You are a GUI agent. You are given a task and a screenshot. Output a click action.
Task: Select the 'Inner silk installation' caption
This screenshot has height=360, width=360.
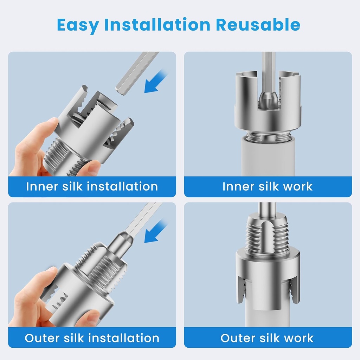click(x=92, y=186)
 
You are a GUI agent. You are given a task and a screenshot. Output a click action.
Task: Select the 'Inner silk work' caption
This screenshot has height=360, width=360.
click(x=268, y=186)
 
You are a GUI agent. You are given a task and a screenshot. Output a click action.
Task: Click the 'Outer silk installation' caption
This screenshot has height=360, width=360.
click(x=92, y=338)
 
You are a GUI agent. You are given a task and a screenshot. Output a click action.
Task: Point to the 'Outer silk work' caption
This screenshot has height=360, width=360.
click(x=267, y=338)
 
